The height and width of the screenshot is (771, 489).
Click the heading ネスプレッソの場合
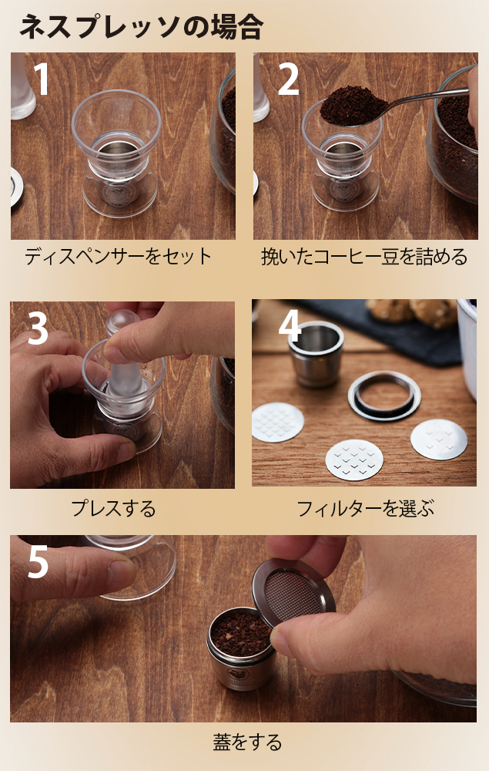coord(141,26)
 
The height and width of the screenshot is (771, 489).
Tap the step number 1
coord(42,79)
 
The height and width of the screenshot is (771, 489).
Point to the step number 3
coord(38,328)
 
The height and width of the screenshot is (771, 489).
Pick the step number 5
coord(38,562)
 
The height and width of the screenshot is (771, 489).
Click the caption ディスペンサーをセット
coord(119,257)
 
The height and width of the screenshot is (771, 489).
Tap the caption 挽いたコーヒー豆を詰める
coord(364,257)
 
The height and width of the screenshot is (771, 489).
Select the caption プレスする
coord(113,508)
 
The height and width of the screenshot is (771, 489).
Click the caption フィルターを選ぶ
coord(366,508)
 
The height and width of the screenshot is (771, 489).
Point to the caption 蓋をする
coord(247,742)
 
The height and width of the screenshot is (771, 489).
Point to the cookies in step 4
coord(411,312)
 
